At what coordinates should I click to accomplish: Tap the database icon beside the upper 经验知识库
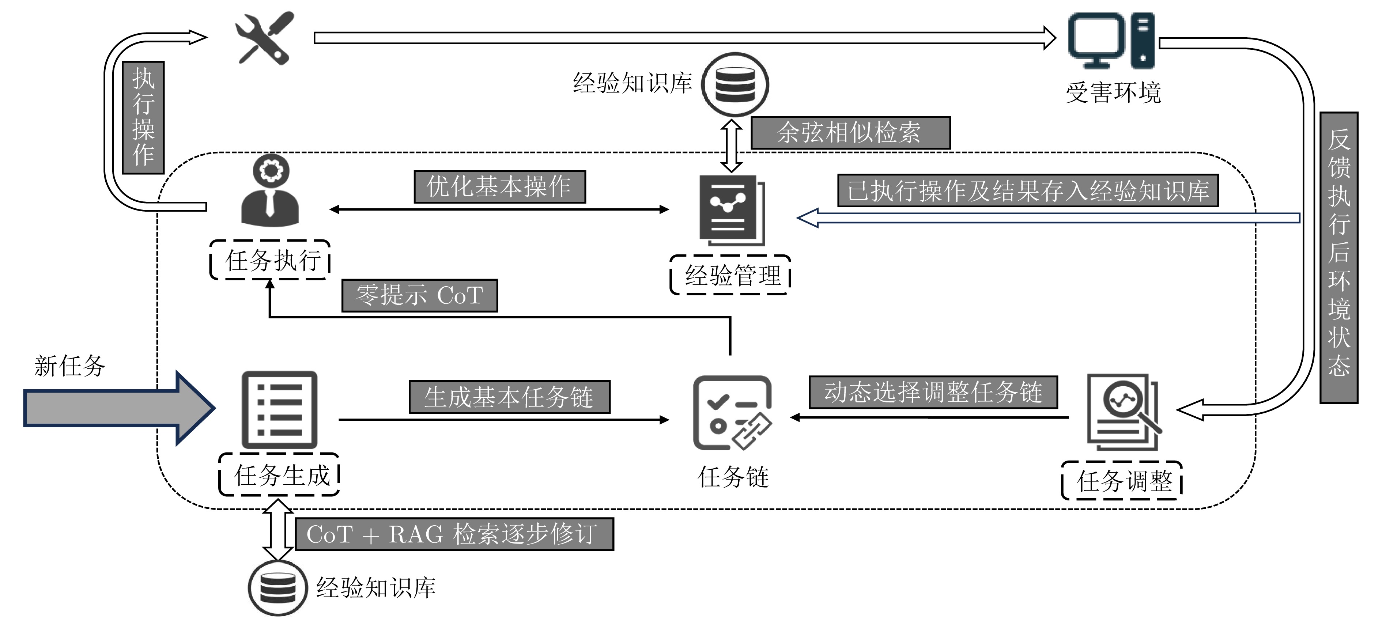tap(735, 84)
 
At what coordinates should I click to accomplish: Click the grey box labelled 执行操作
tap(143, 117)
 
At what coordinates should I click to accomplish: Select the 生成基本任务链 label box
tap(509, 397)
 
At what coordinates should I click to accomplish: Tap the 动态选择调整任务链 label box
tap(933, 392)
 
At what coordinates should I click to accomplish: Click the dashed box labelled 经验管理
tap(730, 275)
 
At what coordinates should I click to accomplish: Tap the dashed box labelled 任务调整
tap(1122, 481)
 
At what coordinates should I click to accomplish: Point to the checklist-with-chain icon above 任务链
tap(733, 413)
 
